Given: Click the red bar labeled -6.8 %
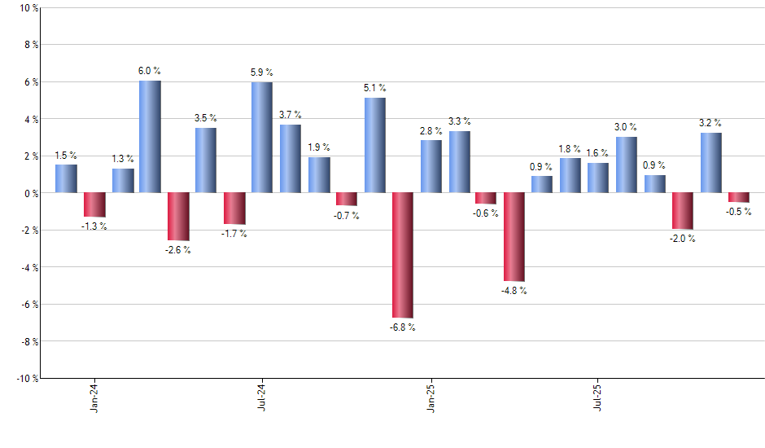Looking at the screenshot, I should pyautogui.click(x=403, y=255).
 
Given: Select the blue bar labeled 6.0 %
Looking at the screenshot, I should pyautogui.click(x=150, y=137).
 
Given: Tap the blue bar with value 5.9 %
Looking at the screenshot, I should pyautogui.click(x=262, y=138).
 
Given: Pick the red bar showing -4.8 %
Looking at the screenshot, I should pyautogui.click(x=514, y=237).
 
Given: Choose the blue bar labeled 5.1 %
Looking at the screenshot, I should pyautogui.click(x=374, y=146).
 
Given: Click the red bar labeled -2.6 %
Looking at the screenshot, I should pyautogui.click(x=178, y=217).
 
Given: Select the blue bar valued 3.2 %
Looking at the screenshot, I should pyautogui.click(x=710, y=163).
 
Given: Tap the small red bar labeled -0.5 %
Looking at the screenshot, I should pyautogui.click(x=739, y=197).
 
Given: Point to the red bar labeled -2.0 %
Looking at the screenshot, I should pyautogui.click(x=683, y=211).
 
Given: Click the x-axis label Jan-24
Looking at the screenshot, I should pyautogui.click(x=95, y=397).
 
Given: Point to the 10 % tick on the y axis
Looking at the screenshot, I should pyautogui.click(x=28, y=8).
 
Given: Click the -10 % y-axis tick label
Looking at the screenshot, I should pyautogui.click(x=26, y=378).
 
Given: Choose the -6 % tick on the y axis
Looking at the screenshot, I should pyautogui.click(x=28, y=304).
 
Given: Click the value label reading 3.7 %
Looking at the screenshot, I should pyautogui.click(x=290, y=115).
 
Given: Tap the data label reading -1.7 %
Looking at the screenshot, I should pyautogui.click(x=234, y=234).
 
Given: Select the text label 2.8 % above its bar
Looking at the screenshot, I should pyautogui.click(x=431, y=130).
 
